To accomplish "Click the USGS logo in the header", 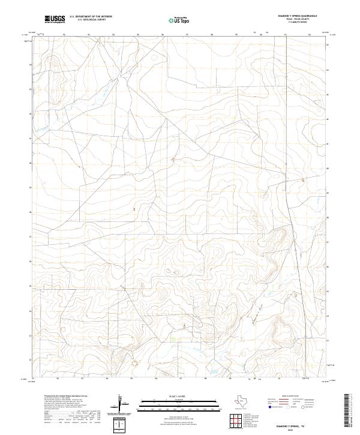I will coord(55,20).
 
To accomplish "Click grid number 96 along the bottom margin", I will coord(156,379).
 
